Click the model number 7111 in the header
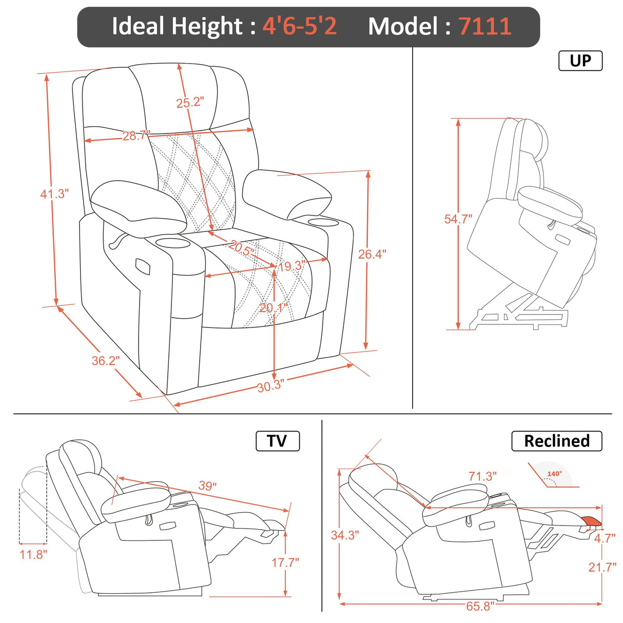point(484,26)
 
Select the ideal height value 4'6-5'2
point(300,26)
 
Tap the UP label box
point(580,61)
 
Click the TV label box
point(277,441)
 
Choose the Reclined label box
point(556,441)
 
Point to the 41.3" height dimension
point(54,194)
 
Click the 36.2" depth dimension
point(105,361)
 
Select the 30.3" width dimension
point(270,386)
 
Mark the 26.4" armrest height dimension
point(372,254)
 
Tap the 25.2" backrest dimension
point(190,103)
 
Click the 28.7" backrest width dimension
point(136,136)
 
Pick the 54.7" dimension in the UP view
point(458,219)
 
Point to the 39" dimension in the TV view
point(207,485)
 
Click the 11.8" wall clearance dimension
point(33,554)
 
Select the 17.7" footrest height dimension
point(285,562)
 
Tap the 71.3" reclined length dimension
point(482,476)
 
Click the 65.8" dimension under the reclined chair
point(480,606)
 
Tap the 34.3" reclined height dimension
point(345,535)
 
